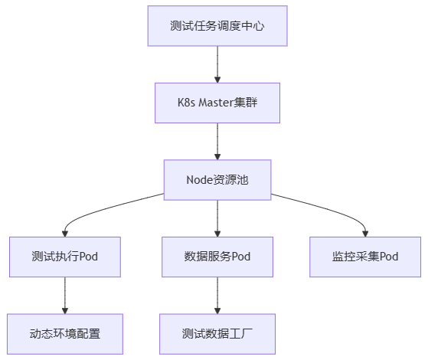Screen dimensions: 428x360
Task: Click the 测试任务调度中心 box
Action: tap(217, 26)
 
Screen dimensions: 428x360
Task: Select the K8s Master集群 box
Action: tap(217, 103)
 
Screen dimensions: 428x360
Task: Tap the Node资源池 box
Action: tap(217, 180)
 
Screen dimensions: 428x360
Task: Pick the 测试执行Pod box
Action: tap(65, 257)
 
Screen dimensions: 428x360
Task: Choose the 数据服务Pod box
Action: tap(217, 257)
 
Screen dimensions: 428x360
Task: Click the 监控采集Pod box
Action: tap(365, 257)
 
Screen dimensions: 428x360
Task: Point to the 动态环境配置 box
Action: tap(65, 334)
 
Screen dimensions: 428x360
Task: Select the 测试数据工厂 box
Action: tap(217, 334)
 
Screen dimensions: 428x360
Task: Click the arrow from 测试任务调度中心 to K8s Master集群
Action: tap(217, 64)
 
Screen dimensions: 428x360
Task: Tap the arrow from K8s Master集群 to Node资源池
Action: tap(217, 142)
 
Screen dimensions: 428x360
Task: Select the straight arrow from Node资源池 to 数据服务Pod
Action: tap(217, 218)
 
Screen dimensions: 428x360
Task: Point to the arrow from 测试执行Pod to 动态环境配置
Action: tap(65, 296)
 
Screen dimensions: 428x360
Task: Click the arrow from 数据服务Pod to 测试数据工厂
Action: tap(217, 296)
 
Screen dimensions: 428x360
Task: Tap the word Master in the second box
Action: tap(216, 103)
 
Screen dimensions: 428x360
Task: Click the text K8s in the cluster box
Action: tap(186, 103)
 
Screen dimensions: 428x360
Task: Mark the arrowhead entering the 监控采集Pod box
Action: tap(365, 234)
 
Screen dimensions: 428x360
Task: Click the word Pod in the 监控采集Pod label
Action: tap(389, 257)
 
